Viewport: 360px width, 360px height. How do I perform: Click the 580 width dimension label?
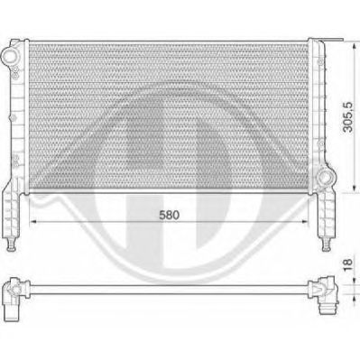coord(169,215)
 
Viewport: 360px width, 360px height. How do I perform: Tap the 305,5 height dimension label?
coord(347,116)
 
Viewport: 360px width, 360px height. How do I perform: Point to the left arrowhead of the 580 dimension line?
coord(33,222)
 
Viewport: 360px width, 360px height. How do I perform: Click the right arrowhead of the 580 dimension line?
coord(305,222)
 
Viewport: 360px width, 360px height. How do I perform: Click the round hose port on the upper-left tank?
coord(10,56)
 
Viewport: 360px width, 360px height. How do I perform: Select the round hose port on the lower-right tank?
coord(326,176)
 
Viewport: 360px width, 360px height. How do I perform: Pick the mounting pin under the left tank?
coord(11,245)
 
